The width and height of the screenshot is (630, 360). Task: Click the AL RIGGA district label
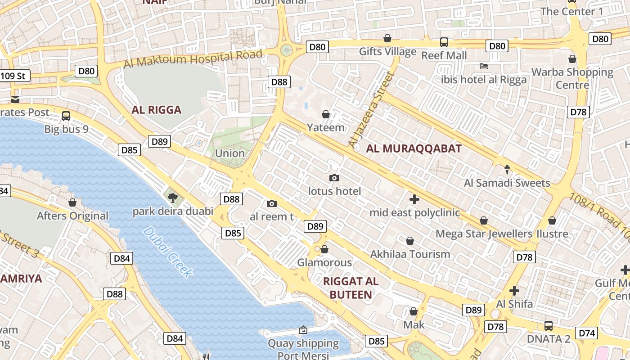(x=156, y=110)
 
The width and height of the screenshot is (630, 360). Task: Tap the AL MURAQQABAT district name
(x=414, y=149)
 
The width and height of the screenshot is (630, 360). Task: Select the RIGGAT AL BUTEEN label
(x=351, y=288)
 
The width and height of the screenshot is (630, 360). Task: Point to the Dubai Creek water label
(x=168, y=252)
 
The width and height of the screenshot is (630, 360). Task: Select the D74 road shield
(x=587, y=333)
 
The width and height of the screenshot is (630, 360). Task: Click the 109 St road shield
(x=14, y=76)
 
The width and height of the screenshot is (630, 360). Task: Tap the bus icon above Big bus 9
(x=66, y=116)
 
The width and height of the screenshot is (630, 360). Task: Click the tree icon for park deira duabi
(x=172, y=198)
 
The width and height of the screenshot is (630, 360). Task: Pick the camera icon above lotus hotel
(x=334, y=178)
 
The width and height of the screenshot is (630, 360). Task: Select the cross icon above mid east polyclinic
(x=414, y=199)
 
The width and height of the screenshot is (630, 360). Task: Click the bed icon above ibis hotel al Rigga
(x=484, y=66)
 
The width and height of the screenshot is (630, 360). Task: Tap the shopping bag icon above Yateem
(x=326, y=115)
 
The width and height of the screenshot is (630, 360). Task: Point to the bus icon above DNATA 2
(x=548, y=326)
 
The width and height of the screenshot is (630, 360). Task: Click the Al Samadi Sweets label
(x=507, y=183)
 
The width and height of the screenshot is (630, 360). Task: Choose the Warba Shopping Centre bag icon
(x=572, y=59)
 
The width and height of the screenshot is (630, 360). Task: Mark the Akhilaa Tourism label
(x=409, y=254)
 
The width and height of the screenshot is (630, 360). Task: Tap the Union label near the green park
(x=229, y=153)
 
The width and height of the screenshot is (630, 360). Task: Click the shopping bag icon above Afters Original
(x=72, y=203)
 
